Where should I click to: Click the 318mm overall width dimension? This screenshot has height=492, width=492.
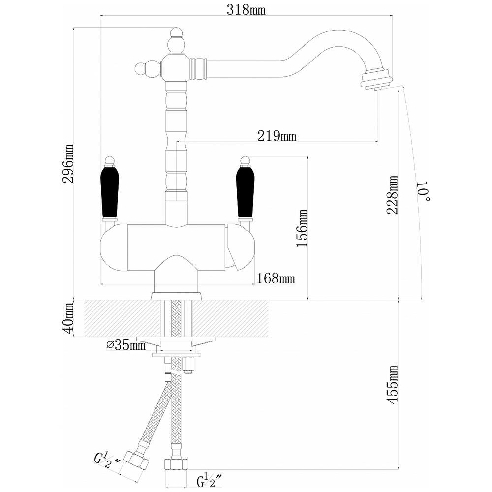[246, 10]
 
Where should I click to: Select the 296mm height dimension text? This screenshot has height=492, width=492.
[68, 163]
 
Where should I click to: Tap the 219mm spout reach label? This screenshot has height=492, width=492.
[277, 136]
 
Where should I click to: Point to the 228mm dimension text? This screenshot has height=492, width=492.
[392, 194]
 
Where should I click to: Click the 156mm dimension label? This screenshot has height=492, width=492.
[302, 228]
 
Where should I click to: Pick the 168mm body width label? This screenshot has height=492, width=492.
[276, 278]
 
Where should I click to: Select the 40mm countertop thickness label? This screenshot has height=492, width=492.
[68, 318]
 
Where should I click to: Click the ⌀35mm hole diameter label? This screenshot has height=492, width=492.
[126, 345]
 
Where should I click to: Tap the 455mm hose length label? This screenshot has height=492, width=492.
[392, 384]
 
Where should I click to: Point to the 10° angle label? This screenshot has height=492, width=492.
[424, 191]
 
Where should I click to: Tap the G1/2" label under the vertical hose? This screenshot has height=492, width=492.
[209, 481]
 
